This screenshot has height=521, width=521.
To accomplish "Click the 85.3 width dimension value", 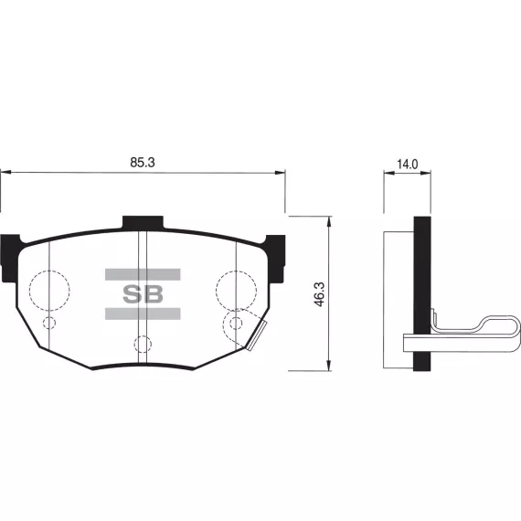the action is coord(143,163).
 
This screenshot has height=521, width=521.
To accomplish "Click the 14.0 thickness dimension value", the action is coord(408,165).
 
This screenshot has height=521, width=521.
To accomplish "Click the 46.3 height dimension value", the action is coord(319,294).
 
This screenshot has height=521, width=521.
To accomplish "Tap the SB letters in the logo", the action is coord(143,294).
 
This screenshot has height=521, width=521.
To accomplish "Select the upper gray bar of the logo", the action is coord(143,274).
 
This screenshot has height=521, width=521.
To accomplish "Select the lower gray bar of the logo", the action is coord(143,314).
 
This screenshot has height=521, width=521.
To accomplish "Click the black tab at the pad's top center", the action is coord(143,223).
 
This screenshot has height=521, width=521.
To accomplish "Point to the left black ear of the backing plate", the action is coord(9,259).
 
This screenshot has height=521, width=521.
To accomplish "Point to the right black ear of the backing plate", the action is coord(276,259).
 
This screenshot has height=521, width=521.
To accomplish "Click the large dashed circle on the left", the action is coord(29,291).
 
